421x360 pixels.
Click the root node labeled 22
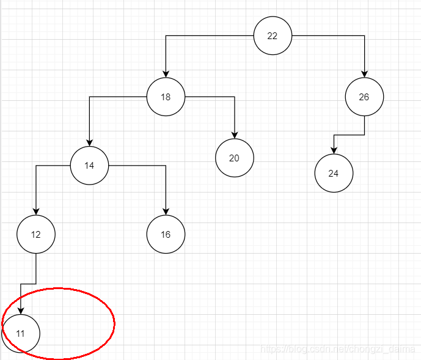[x=273, y=35]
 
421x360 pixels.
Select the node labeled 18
[x=166, y=97]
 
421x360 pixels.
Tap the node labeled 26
[x=364, y=97]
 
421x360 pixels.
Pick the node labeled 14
[x=89, y=165]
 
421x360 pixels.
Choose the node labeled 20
[x=234, y=158]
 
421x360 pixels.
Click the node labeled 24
[x=334, y=173]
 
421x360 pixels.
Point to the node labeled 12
[x=36, y=234]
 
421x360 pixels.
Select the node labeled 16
[x=166, y=234]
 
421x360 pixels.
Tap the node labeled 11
[x=21, y=333]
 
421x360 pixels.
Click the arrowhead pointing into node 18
[x=166, y=74]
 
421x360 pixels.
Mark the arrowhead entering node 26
[x=364, y=74]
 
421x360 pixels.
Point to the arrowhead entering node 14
[x=89, y=142]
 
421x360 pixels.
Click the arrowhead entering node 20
[x=234, y=135]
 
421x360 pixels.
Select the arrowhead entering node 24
[x=334, y=150]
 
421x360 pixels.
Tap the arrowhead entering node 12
[x=36, y=211]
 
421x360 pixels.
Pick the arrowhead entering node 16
[x=166, y=211]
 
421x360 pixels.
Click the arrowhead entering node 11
[x=21, y=310]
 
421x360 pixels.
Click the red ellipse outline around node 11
[x=114, y=323]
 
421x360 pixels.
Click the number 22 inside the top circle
[x=273, y=35]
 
